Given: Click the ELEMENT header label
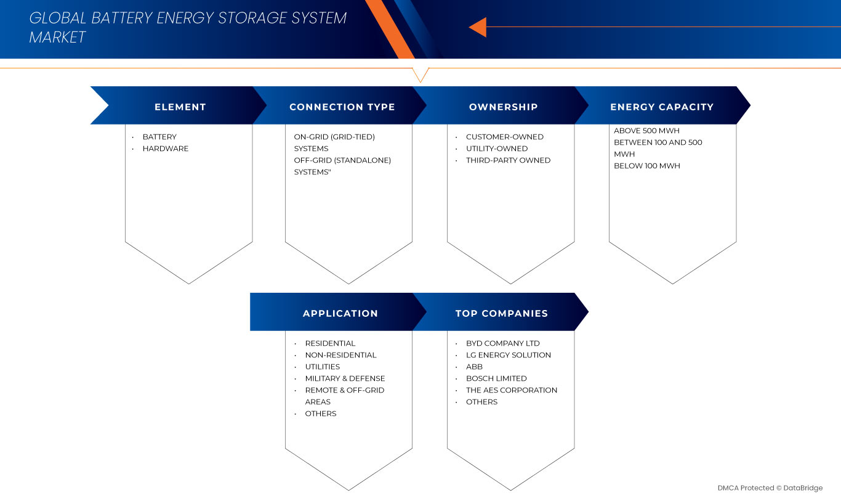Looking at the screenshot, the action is click(180, 107).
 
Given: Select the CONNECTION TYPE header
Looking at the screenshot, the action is click(342, 107).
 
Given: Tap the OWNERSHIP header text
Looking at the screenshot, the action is click(504, 107).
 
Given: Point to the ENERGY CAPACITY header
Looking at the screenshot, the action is click(662, 107).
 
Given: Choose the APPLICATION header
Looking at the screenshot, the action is click(340, 314).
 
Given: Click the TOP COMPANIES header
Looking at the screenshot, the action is click(502, 314).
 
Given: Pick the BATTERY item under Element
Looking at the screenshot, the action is click(159, 137).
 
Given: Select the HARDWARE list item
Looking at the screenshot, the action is click(166, 149).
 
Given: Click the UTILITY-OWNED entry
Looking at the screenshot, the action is click(497, 149).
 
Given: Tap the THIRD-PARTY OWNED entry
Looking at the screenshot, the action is click(509, 160).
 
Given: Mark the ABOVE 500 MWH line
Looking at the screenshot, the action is click(646, 131).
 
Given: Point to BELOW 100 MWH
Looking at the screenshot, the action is click(647, 166).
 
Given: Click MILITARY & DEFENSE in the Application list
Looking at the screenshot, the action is click(345, 378).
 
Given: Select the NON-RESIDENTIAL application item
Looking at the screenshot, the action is click(340, 355).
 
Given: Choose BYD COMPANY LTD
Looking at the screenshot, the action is click(503, 343).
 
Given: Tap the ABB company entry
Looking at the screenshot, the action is click(474, 367).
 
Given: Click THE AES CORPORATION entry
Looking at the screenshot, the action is click(512, 390).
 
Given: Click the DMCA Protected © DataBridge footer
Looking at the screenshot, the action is click(770, 488).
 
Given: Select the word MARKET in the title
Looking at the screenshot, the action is click(57, 38).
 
